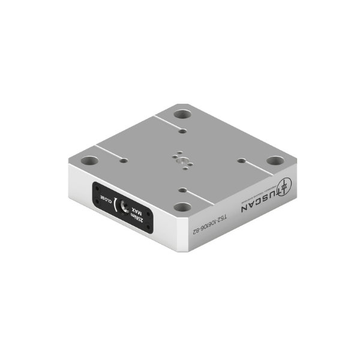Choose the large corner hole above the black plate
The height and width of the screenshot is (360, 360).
[x=89, y=161]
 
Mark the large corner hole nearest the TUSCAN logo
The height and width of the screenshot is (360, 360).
[x=274, y=161]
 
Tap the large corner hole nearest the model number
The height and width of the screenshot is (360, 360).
[x=184, y=208]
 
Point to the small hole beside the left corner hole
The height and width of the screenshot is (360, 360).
[x=122, y=160]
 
